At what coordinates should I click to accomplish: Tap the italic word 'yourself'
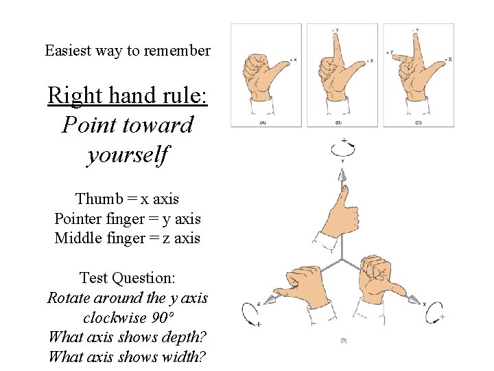[x=128, y=155]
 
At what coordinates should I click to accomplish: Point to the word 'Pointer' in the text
[x=78, y=219]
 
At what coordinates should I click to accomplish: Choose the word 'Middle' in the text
[x=78, y=238]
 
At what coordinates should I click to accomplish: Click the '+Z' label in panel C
[x=389, y=52]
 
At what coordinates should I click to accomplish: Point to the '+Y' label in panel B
[x=335, y=30]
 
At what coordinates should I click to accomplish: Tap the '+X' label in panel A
[x=293, y=60]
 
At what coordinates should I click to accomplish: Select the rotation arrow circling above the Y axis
[x=342, y=146]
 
